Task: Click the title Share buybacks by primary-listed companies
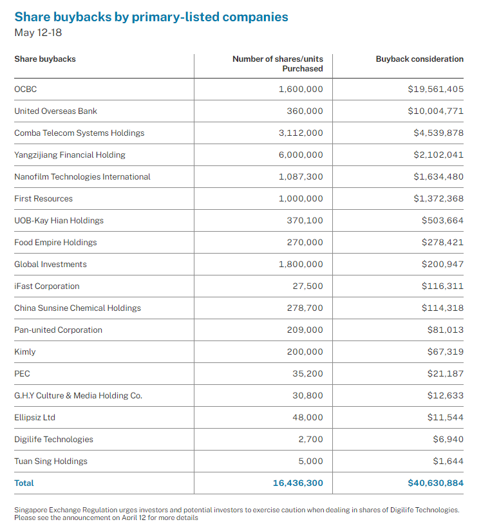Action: (151, 17)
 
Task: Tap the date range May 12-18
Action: (38, 32)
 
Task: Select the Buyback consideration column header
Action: (419, 59)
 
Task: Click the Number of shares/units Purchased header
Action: (278, 64)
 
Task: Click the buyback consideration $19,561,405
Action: (435, 89)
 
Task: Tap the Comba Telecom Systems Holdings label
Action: (79, 133)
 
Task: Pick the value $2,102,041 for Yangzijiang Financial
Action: (438, 155)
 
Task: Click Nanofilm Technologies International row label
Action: (82, 177)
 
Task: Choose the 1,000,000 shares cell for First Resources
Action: (301, 199)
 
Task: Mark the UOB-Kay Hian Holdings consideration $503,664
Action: (442, 221)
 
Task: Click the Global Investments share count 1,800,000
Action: (301, 265)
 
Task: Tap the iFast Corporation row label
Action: (47, 286)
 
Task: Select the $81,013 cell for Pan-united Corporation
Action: (445, 330)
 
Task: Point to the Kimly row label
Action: (25, 352)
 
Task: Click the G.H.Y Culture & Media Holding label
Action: (78, 396)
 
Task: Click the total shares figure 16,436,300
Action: (297, 483)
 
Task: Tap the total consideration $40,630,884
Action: (435, 483)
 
